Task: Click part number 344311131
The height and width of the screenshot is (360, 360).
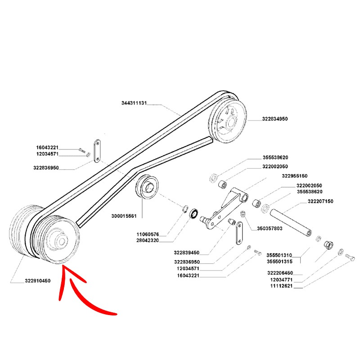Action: [x=135, y=103]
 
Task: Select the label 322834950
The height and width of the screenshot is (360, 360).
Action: [x=274, y=119]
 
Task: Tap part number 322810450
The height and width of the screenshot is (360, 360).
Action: [x=37, y=281]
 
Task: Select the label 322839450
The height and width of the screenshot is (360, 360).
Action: [x=186, y=253]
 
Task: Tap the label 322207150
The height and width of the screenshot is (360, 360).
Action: [x=320, y=201]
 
